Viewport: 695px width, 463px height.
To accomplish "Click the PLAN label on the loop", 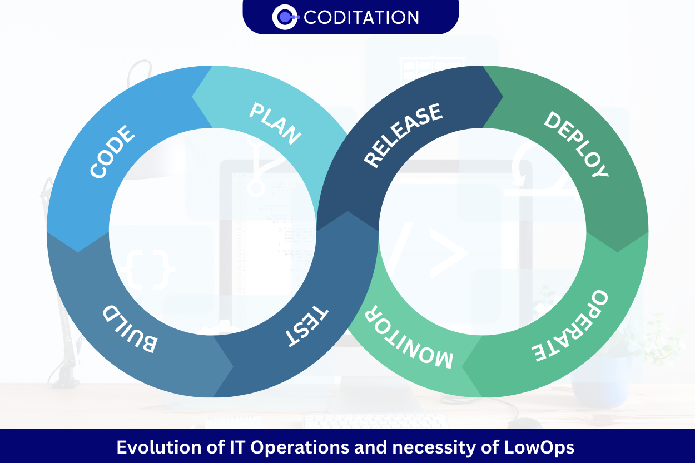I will point(275,124).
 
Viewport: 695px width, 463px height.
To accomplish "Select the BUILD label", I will point(130,328).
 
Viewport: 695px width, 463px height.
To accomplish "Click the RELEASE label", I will point(403,135).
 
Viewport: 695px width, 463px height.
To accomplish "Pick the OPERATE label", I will point(571,325).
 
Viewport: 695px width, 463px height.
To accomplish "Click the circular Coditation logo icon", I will point(285,17).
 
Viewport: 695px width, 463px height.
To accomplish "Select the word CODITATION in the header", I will point(361,17).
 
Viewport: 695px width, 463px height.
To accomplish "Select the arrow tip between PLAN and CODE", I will point(193,97).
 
